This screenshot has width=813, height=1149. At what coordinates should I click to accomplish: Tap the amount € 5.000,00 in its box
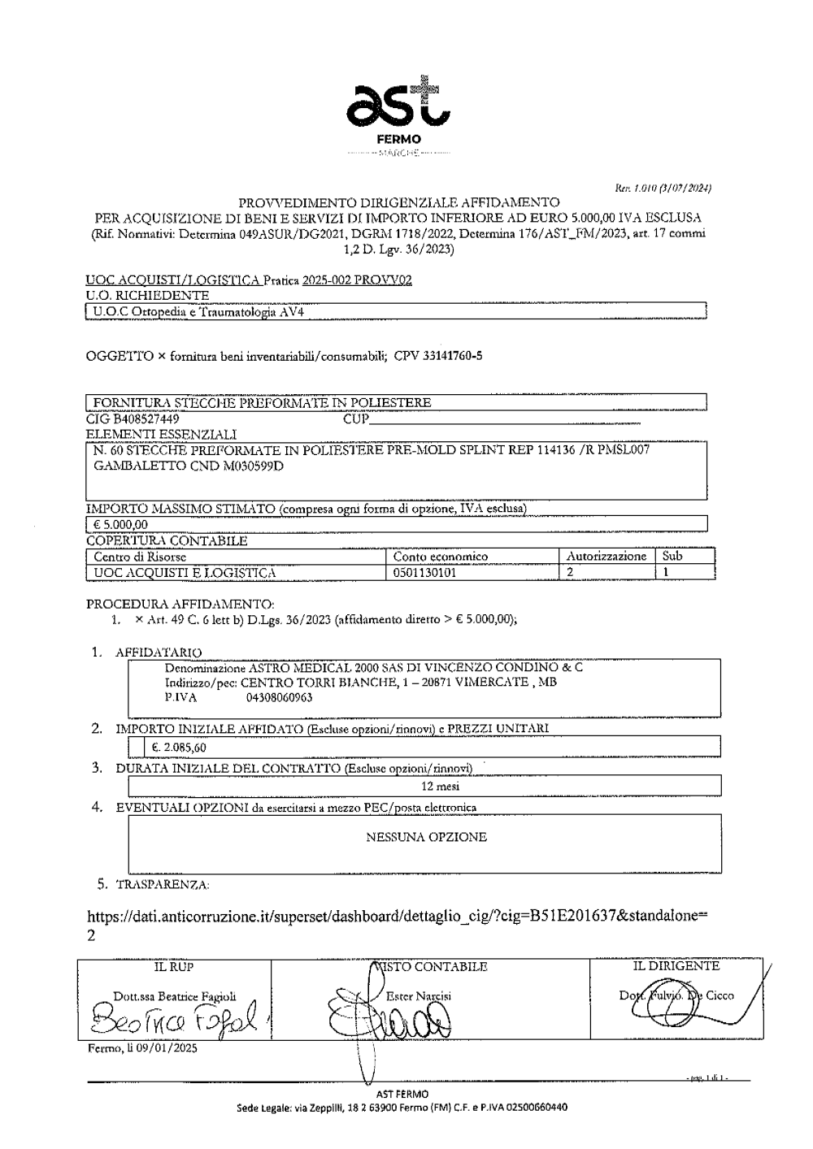point(121,524)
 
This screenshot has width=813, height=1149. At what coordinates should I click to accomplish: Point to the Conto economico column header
point(440,557)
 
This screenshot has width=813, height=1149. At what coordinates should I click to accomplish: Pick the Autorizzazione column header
point(606,557)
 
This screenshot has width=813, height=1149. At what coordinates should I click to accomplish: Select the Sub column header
point(672,557)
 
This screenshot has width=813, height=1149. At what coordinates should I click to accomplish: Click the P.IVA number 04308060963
point(279,697)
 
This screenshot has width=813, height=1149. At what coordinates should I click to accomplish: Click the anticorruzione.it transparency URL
point(397,917)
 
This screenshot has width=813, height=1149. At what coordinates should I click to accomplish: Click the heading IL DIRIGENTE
point(676,967)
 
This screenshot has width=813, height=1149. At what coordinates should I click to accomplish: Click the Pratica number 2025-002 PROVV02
point(357,281)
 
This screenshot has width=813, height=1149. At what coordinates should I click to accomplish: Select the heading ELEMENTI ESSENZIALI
point(161,435)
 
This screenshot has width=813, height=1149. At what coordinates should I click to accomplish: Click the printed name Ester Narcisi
point(418,995)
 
